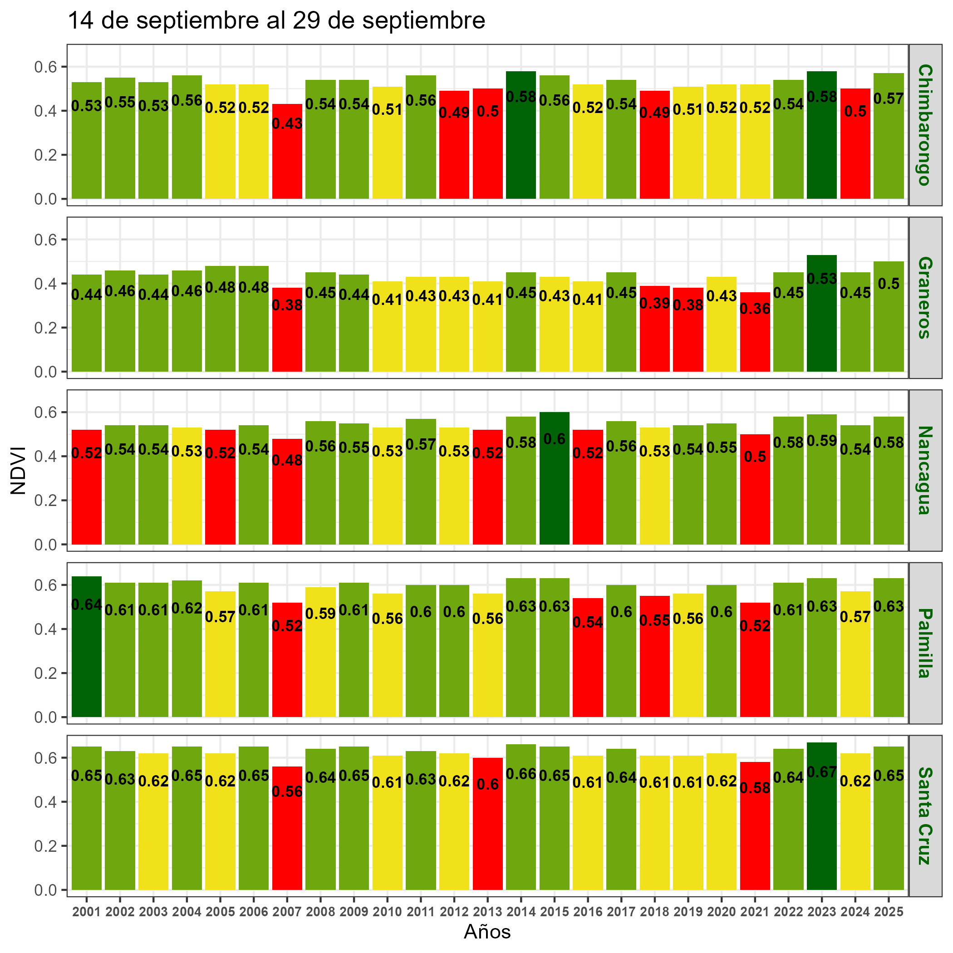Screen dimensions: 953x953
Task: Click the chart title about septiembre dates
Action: coord(276,21)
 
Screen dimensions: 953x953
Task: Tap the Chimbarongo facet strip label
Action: coord(925,125)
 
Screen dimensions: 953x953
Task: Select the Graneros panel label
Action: coord(925,297)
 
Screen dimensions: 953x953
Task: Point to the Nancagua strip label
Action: coord(925,470)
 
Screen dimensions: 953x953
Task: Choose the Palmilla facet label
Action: coord(925,643)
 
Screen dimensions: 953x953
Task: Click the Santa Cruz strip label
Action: coord(925,816)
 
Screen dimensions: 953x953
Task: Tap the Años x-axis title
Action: coord(487,932)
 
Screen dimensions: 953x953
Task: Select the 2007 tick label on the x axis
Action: coord(287,912)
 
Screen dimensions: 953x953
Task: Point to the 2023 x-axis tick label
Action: coord(822,912)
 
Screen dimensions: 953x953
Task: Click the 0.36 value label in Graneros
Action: coord(755,309)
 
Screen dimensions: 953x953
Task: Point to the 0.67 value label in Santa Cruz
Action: coord(822,772)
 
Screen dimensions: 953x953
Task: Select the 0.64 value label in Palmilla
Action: coord(87,604)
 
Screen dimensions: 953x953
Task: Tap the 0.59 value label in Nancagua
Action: coord(822,441)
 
